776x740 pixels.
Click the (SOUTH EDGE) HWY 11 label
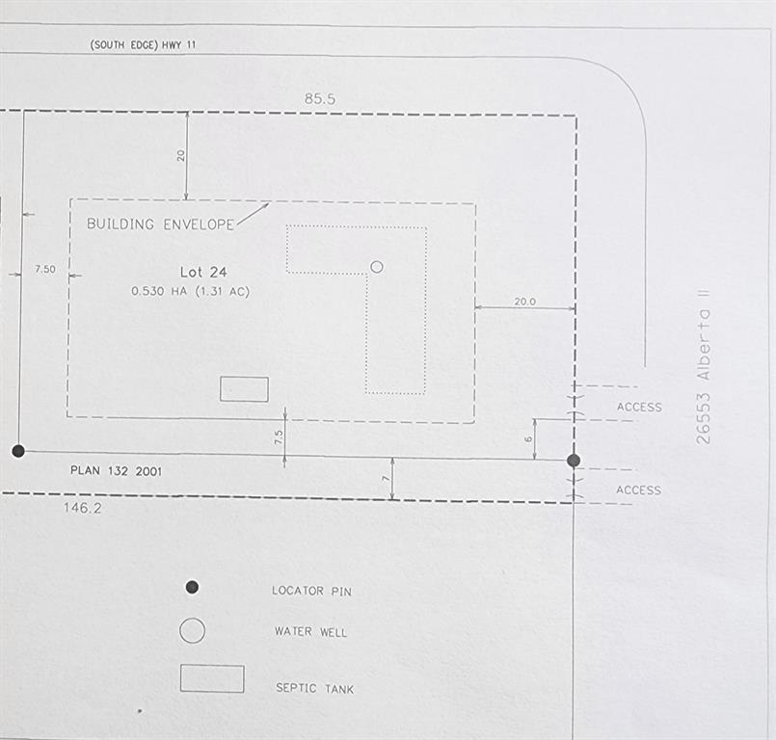[143, 44]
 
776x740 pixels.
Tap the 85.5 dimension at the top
[320, 98]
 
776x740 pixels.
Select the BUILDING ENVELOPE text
[160, 225]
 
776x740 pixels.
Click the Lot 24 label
[202, 272]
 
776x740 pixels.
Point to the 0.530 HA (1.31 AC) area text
[190, 291]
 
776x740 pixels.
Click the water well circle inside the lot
[377, 267]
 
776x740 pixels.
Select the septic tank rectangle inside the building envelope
[245, 389]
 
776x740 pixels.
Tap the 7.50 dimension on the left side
[45, 269]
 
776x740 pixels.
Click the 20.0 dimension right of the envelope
[524, 302]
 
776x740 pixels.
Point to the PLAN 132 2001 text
[116, 470]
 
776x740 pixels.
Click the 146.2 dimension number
[82, 508]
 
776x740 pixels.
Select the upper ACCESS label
[639, 408]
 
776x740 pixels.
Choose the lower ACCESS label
[638, 490]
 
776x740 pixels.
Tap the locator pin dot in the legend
[192, 587]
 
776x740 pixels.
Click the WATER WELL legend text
[310, 632]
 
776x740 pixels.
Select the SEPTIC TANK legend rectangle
[212, 678]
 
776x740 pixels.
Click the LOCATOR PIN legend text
[311, 591]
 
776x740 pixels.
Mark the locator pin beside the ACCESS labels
[574, 461]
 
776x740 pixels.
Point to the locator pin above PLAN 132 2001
[18, 451]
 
